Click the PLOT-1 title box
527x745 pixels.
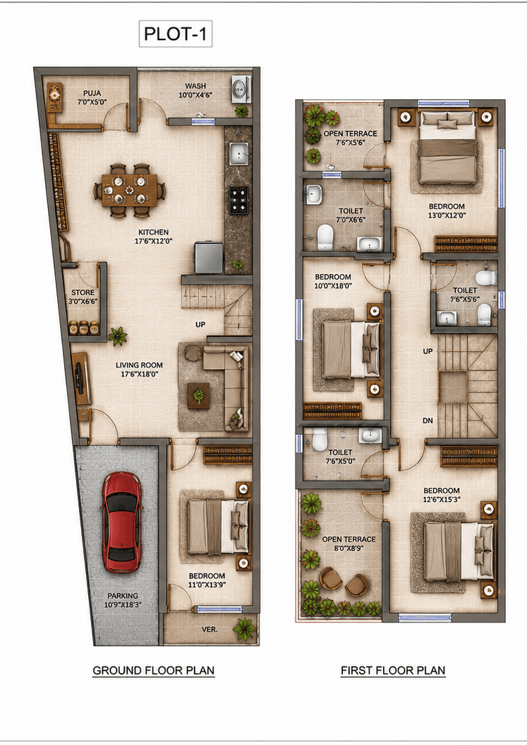pos(175,34)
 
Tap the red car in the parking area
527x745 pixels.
pos(121,522)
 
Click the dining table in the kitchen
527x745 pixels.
pos(129,190)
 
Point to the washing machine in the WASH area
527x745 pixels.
pos(241,89)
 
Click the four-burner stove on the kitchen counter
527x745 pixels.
pos(239,200)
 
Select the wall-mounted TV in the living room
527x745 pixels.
pos(79,377)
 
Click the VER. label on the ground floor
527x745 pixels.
pos(210,629)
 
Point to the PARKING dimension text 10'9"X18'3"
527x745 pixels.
pos(123,605)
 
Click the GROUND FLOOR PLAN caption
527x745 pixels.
pos(153,670)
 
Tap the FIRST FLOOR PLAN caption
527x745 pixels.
pos(393,670)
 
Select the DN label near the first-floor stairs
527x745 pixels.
pos(428,420)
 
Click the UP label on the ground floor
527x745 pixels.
pos(200,325)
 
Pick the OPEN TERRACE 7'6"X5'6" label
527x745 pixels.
pos(351,138)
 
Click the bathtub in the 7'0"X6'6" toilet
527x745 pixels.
pos(370,244)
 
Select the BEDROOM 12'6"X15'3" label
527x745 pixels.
pos(442,494)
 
